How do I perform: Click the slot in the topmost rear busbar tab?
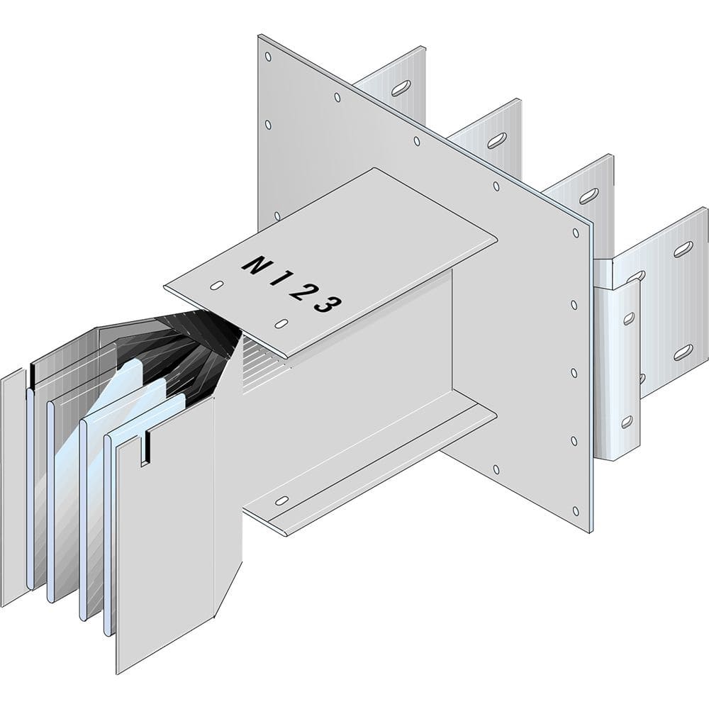pyautogui.click(x=401, y=87)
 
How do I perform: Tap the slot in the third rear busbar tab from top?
pyautogui.click(x=588, y=196)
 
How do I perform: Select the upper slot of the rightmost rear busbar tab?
pyautogui.click(x=683, y=249)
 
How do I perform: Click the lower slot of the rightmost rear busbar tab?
pyautogui.click(x=683, y=352)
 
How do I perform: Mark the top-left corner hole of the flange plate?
pyautogui.click(x=267, y=55)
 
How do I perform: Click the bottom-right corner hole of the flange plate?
pyautogui.click(x=576, y=510)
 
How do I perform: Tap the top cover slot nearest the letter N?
pyautogui.click(x=218, y=286)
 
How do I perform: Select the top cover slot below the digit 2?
pyautogui.click(x=281, y=325)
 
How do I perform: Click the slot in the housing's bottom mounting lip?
pyautogui.click(x=281, y=501)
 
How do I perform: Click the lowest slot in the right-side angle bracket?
pyautogui.click(x=627, y=422)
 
